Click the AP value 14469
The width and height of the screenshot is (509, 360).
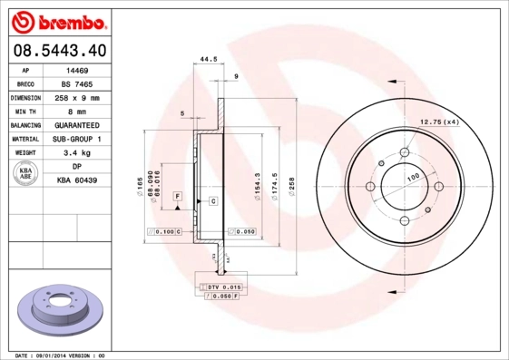coord(77,70)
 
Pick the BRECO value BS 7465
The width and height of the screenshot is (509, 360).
coord(77,83)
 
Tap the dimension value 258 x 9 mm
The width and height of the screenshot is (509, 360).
coord(77,97)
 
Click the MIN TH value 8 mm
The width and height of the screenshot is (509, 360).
coord(77,112)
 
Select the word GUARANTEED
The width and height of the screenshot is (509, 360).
coord(77,125)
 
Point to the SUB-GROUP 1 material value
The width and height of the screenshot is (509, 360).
coord(77,139)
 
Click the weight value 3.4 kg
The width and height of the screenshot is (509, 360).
coord(77,153)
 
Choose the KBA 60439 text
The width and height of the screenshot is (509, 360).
coord(77,180)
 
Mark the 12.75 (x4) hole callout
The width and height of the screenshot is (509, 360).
coord(439,122)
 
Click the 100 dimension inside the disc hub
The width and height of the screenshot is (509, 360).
coord(413,177)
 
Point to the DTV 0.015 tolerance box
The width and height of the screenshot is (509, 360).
coord(221,287)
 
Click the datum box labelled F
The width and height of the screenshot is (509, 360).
coord(178,196)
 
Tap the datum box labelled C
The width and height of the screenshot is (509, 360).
coord(212,199)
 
